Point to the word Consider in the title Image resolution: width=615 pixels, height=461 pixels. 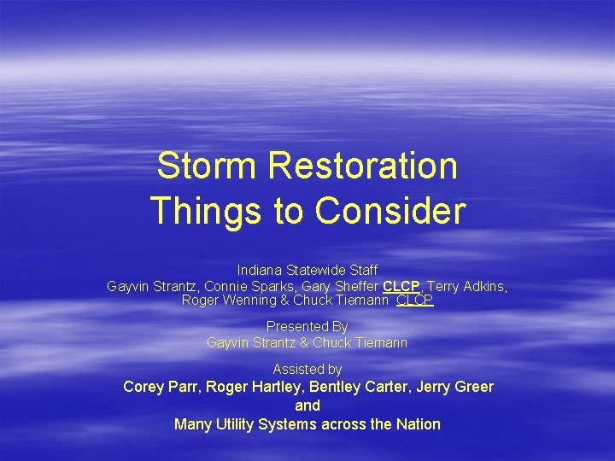[390, 210]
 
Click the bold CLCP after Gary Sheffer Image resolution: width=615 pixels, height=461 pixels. [401, 286]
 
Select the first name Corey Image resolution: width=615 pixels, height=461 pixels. [143, 387]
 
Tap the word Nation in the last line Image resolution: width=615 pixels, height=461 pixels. [419, 424]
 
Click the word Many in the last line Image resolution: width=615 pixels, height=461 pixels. [191, 424]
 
